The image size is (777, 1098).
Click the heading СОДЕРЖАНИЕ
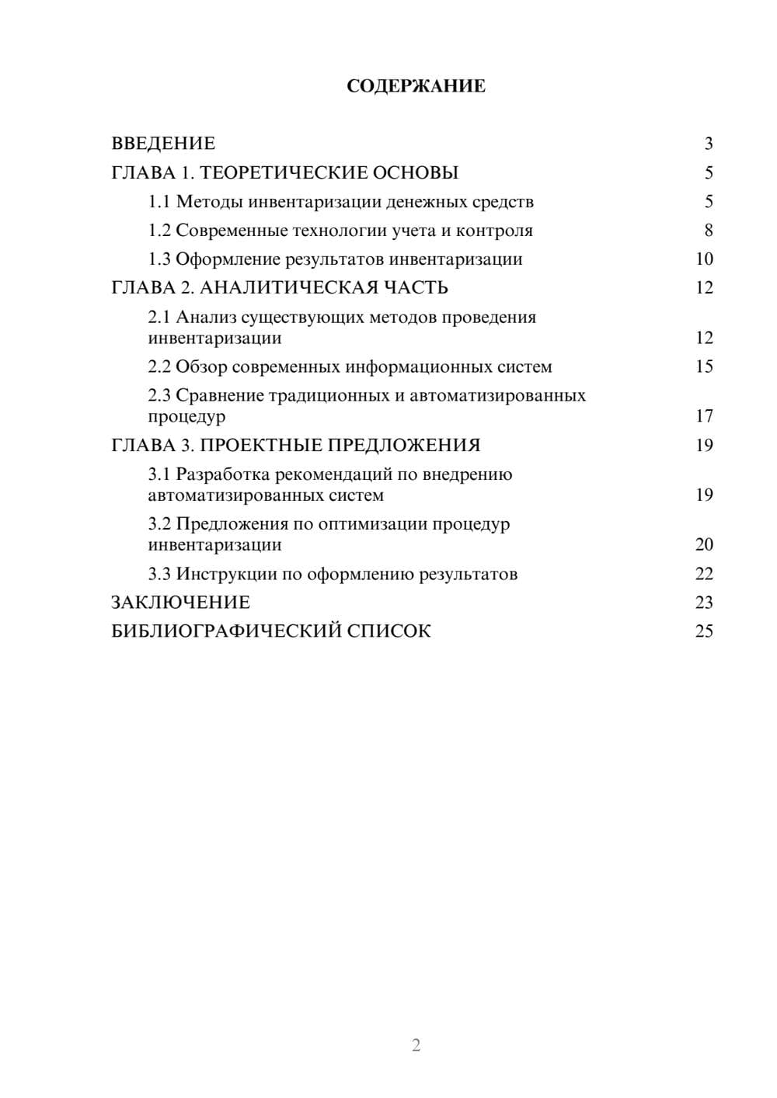(x=416, y=86)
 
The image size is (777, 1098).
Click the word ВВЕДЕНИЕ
(x=163, y=144)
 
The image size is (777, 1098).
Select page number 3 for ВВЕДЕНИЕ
(x=708, y=144)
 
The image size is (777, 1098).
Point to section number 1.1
(x=159, y=202)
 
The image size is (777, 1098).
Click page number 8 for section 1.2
(x=708, y=231)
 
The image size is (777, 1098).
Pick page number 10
(x=704, y=259)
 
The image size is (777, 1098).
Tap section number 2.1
(x=159, y=318)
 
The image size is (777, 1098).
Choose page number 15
(x=704, y=367)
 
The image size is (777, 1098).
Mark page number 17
(x=704, y=416)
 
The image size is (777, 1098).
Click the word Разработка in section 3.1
(x=221, y=474)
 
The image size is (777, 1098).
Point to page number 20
(x=704, y=544)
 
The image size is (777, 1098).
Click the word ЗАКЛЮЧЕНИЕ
(x=180, y=603)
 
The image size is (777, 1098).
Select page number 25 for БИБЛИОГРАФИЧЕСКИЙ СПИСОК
(x=704, y=631)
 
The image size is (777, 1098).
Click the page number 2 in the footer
(x=416, y=1045)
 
